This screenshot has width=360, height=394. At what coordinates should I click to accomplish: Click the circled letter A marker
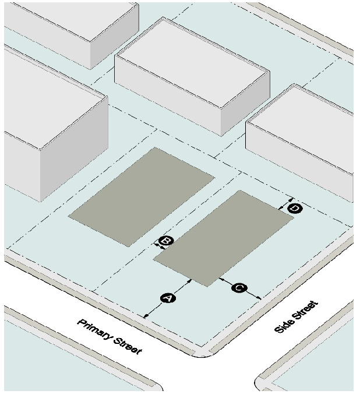tap(168, 298)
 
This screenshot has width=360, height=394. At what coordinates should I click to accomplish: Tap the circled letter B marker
tap(165, 241)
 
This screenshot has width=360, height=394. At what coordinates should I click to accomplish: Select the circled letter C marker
tap(239, 287)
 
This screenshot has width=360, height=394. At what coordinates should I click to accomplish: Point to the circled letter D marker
tap(295, 208)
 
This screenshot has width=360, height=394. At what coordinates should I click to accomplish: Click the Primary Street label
tap(110, 337)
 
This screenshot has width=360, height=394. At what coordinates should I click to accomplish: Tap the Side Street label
tap(297, 317)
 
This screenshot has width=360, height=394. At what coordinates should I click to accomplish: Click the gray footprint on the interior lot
tap(142, 196)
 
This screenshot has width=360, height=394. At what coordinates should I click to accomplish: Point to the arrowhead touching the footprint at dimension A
tap(190, 282)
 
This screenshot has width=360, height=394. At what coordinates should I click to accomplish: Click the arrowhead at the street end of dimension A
tap(146, 316)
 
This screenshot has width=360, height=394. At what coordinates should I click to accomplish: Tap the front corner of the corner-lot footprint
tap(208, 286)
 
